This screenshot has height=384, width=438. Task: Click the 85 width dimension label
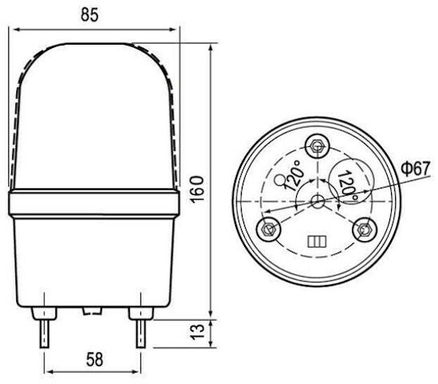[90, 15]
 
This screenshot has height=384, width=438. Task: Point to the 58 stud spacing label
[94, 360]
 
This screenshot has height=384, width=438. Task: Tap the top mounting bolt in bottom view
[316, 145]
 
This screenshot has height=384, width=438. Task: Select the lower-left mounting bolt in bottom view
[268, 228]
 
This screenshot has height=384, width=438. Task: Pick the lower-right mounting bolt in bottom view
[364, 229]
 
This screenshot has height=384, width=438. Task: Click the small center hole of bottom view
[317, 201]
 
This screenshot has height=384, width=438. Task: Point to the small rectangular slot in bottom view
[317, 241]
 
